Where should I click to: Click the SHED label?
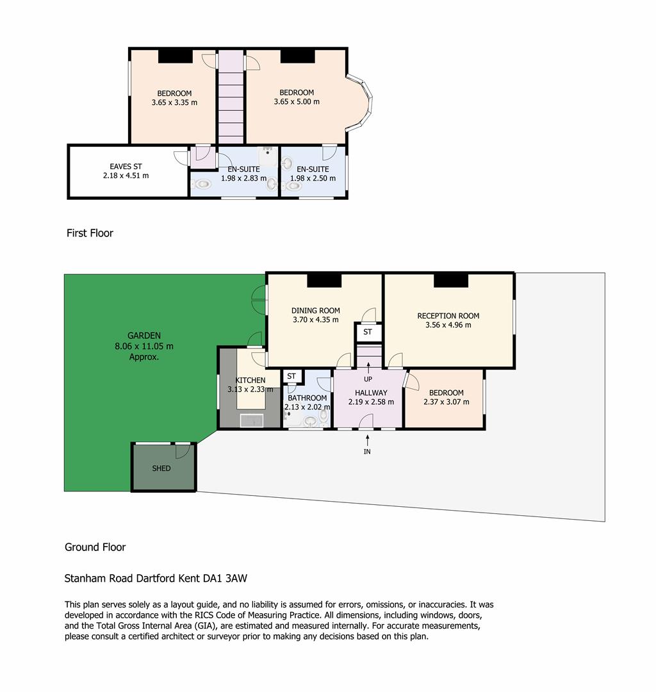tap(161, 468)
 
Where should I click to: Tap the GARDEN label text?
tap(143, 335)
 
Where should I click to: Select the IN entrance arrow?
tap(367, 440)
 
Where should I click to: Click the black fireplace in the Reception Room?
tap(450, 281)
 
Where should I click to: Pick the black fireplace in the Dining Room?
tap(324, 281)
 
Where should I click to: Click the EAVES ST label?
tap(126, 167)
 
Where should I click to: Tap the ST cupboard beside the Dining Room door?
tap(368, 332)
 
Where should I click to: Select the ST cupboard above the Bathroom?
tap(291, 377)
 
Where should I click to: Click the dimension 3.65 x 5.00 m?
tap(297, 101)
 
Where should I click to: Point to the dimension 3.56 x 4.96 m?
tap(448, 325)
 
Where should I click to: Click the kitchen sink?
tap(252, 420)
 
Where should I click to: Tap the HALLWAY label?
tap(371, 393)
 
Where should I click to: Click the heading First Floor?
tap(90, 233)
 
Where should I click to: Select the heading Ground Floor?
tap(95, 547)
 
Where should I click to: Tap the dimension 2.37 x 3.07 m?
tap(446, 402)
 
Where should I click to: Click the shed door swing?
tap(183, 450)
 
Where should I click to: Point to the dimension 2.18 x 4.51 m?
tap(126, 176)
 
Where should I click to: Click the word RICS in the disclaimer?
tap(205, 615)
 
